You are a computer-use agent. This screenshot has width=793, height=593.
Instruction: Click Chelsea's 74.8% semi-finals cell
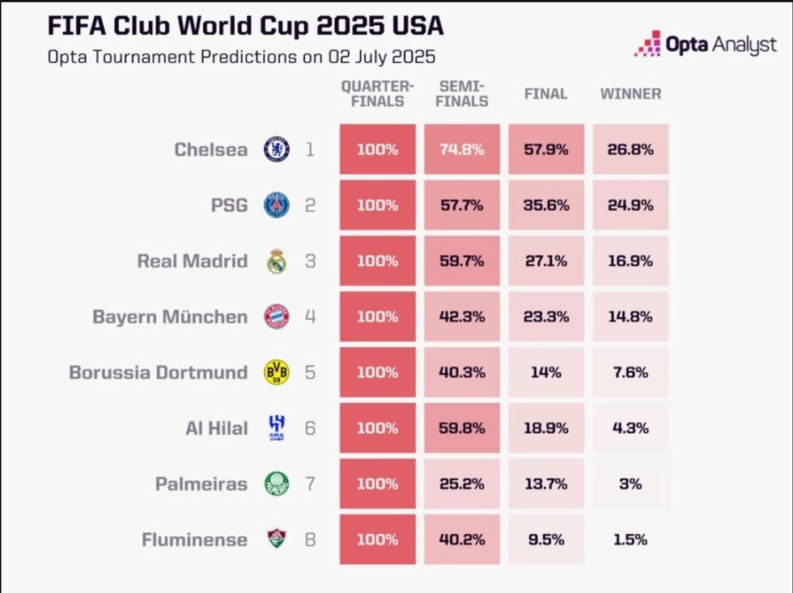(462, 150)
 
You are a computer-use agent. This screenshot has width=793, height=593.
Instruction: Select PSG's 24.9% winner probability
(630, 205)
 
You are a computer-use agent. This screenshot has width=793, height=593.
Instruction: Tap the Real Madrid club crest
(277, 261)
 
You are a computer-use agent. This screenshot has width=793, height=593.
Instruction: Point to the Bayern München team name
(170, 317)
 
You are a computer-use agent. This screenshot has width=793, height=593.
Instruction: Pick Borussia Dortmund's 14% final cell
(545, 372)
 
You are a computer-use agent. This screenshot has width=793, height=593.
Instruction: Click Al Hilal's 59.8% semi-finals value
(462, 428)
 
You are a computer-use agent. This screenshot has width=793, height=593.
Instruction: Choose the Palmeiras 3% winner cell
(630, 484)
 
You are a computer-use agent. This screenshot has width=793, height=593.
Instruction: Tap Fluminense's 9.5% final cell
(545, 540)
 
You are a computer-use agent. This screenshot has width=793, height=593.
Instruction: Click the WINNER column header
(630, 94)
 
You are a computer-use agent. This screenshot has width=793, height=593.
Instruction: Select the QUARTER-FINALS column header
(377, 94)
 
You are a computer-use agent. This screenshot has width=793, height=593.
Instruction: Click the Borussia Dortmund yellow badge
(277, 372)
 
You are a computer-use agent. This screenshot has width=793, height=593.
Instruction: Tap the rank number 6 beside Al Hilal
(310, 428)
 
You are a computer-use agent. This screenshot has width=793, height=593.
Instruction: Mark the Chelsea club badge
(277, 150)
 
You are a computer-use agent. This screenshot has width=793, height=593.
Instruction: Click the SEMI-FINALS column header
(462, 94)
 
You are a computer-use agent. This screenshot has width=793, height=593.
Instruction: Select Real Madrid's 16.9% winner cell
(630, 261)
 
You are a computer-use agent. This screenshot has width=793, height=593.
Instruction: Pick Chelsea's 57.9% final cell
(545, 150)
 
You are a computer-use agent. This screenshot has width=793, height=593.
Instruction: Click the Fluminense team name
(194, 540)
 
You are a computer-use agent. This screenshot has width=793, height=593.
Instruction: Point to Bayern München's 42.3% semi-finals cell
(462, 317)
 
